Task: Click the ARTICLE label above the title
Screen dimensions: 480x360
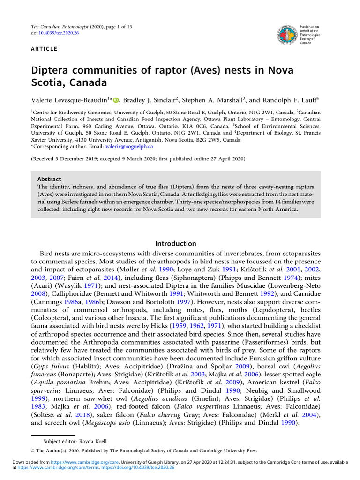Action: (x=44, y=49)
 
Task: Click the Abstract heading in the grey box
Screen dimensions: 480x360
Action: (x=49, y=179)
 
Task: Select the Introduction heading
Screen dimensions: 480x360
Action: (x=176, y=244)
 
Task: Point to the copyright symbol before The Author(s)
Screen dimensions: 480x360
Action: (x=33, y=451)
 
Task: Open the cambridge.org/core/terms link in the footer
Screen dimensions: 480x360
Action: (x=72, y=467)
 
